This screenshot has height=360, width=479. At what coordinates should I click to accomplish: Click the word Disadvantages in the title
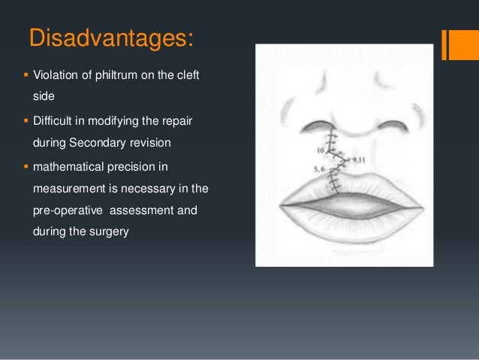[x=110, y=38]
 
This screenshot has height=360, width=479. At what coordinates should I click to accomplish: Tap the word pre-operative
[x=68, y=211]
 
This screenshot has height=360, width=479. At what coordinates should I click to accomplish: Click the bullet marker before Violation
[x=26, y=77]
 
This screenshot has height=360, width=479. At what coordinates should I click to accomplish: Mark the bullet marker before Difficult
[x=26, y=120]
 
